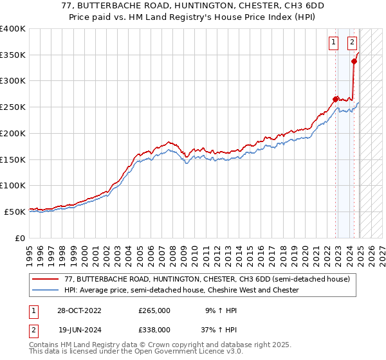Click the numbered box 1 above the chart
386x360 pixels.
334,43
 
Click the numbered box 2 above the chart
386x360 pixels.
353,43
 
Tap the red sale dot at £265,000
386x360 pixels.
335,99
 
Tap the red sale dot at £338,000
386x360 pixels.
354,61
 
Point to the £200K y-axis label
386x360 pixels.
13,133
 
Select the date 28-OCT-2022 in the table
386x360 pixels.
79,310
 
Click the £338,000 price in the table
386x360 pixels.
154,329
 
